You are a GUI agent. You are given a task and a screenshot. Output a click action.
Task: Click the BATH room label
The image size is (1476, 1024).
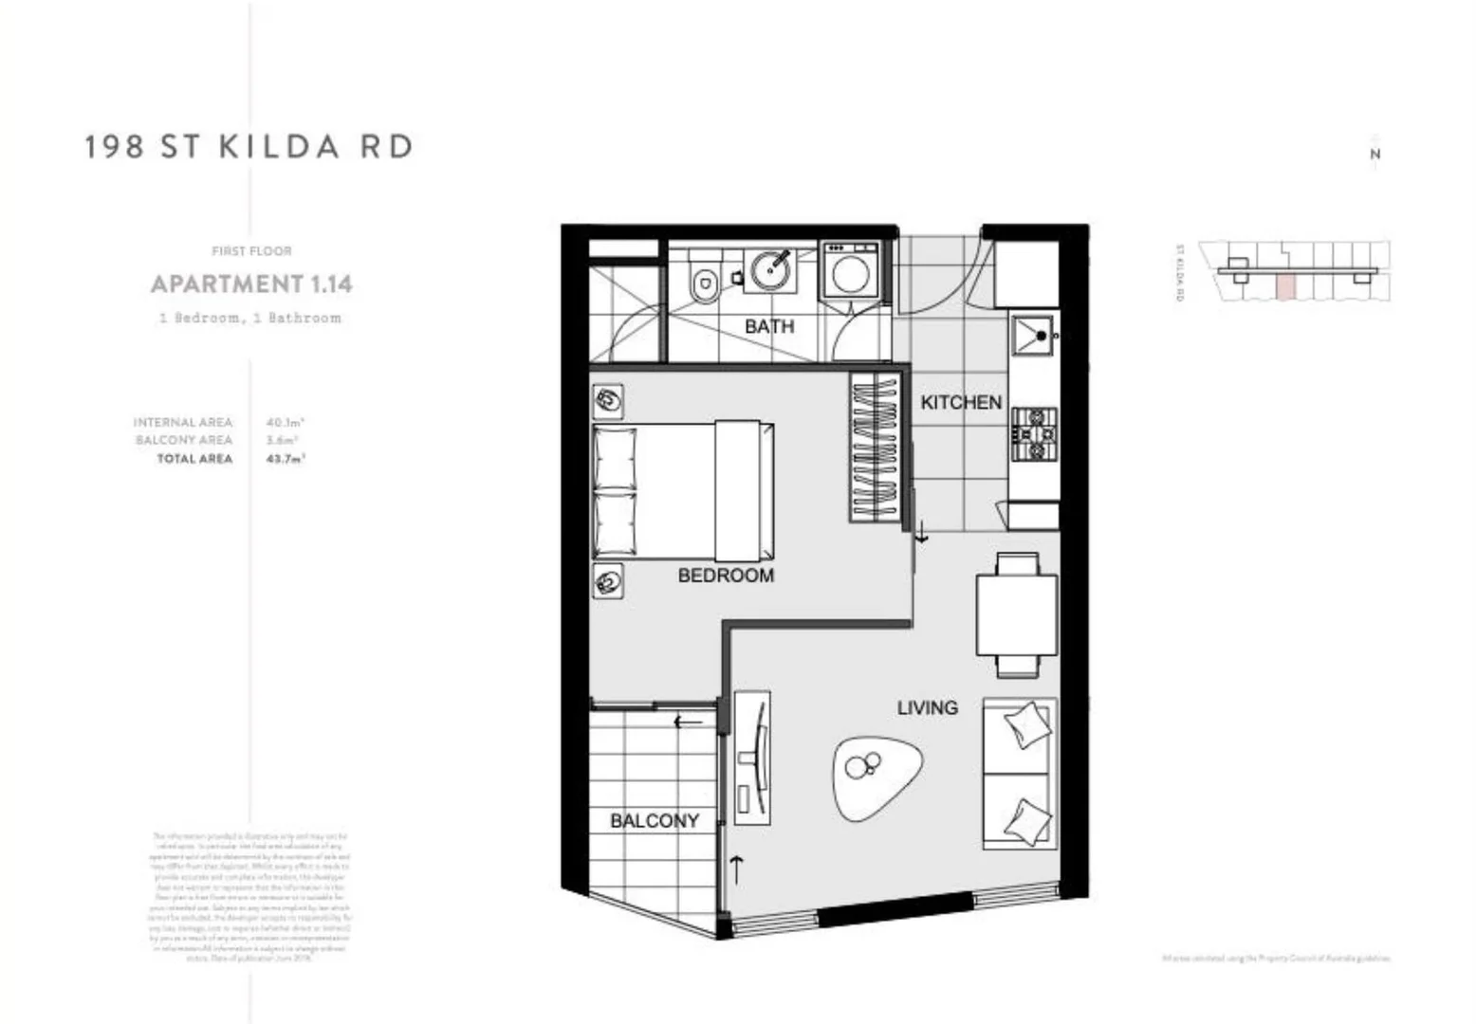pos(769,326)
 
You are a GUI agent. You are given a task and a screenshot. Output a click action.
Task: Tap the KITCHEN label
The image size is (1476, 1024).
pos(961,402)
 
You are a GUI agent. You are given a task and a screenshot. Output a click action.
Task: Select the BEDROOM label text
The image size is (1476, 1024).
pos(726,576)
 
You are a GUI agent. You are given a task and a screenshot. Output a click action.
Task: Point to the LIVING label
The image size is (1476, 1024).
pos(927,707)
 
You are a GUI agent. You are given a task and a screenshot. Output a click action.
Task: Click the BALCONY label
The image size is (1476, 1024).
pos(655,821)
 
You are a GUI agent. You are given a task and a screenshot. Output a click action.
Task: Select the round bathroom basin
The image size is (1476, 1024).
pos(772,271)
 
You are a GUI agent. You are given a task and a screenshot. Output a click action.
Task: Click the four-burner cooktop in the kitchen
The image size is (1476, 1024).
pos(1034,433)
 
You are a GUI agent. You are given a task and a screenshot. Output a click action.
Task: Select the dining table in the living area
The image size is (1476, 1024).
pos(1017,614)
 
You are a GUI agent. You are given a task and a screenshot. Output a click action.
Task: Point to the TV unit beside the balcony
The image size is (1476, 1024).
pos(752,759)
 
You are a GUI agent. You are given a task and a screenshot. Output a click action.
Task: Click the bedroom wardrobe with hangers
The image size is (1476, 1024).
pos(876,447)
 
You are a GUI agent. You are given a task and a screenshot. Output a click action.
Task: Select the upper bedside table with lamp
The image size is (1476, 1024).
pos(608,402)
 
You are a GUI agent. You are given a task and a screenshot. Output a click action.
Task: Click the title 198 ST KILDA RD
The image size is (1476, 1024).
pos(249,147)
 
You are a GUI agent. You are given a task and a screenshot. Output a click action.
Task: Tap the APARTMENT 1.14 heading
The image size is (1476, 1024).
pos(251,283)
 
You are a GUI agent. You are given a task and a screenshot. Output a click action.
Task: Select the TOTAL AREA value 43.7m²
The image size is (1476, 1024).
pos(285,459)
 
